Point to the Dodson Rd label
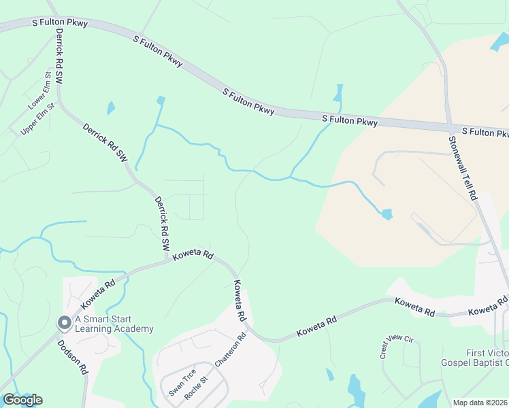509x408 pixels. (73, 358)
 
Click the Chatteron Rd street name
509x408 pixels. (230, 350)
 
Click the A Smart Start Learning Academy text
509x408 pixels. (114, 324)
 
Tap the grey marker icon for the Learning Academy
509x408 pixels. (64, 322)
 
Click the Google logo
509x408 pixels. (22, 400)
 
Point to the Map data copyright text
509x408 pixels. (480, 403)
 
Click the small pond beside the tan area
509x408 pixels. (387, 215)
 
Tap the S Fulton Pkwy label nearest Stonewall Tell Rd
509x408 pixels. (485, 131)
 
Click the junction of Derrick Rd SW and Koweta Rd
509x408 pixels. (167, 260)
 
